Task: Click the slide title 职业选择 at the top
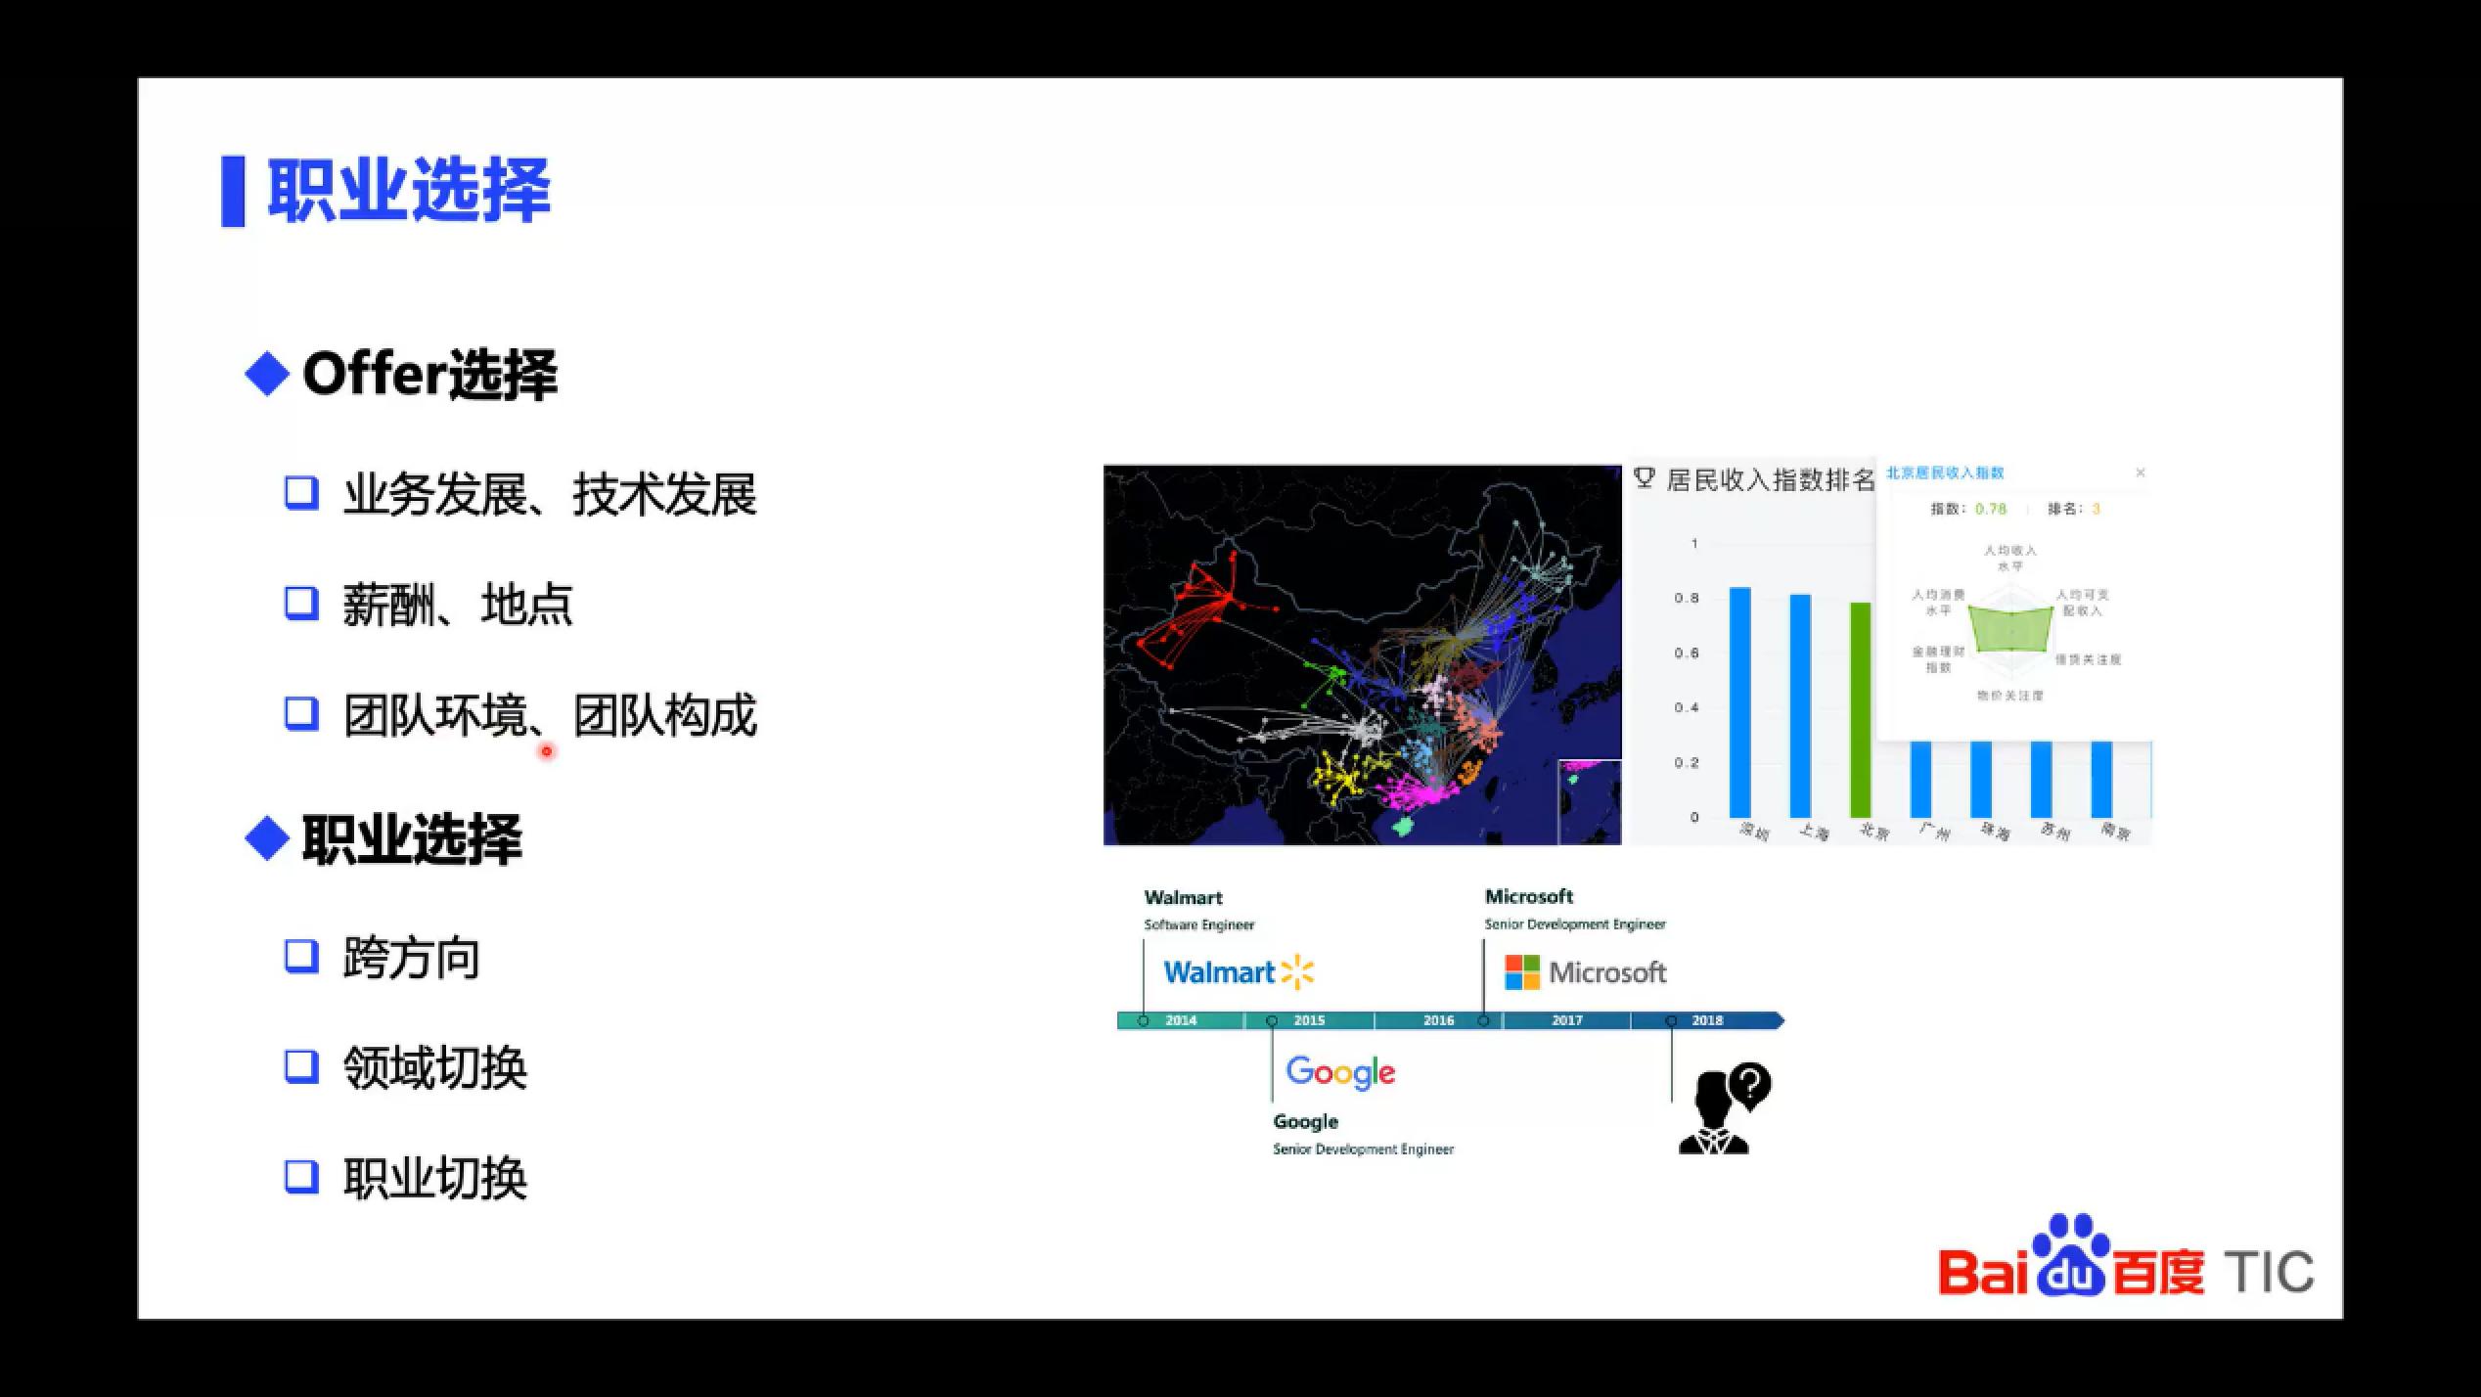pos(409,190)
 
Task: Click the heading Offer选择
pos(429,375)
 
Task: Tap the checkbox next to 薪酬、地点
pos(301,603)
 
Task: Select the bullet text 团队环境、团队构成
pos(550,715)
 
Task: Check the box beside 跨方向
pos(301,956)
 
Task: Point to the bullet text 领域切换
pos(434,1067)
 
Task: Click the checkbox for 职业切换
pos(301,1176)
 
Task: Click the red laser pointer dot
pos(547,751)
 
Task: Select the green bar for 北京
pos(1860,709)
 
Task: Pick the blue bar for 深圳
pos(1739,701)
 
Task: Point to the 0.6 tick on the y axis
pos(1687,653)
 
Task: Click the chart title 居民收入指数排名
pos(1770,479)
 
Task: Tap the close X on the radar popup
pos(2140,473)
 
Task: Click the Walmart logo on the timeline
pos(1239,972)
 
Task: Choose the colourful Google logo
pos(1340,1072)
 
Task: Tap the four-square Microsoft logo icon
pos(1521,972)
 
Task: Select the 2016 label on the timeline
pos(1438,1020)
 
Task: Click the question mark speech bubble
pos(1750,1084)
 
